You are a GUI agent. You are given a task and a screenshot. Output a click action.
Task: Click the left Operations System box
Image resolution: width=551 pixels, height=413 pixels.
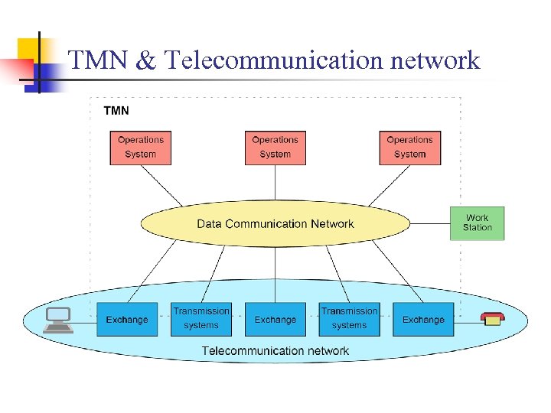(140, 148)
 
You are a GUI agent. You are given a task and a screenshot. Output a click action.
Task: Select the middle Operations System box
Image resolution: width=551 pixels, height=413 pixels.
(275, 148)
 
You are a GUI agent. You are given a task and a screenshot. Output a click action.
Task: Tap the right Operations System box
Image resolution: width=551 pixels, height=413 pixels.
(409, 148)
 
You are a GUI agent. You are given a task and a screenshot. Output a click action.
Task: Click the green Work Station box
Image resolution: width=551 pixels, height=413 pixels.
(477, 223)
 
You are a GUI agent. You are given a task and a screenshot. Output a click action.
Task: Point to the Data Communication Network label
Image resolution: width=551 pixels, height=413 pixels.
(275, 224)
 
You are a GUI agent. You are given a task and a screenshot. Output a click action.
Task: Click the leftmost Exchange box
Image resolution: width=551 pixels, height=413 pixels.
(127, 320)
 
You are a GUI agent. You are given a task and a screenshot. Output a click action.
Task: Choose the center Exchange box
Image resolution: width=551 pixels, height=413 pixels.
(275, 320)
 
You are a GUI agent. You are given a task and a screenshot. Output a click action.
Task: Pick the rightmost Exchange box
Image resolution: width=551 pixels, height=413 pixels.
(423, 320)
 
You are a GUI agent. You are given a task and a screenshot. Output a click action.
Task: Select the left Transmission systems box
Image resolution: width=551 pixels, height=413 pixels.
(201, 319)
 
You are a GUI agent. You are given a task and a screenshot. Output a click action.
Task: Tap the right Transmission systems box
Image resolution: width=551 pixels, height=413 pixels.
(349, 319)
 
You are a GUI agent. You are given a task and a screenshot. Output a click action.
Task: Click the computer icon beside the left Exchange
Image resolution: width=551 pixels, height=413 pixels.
(58, 320)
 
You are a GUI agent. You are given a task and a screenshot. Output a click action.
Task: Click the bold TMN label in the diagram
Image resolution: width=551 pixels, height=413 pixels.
(116, 111)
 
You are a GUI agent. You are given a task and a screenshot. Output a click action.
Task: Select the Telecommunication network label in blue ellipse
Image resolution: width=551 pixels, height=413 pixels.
(275, 351)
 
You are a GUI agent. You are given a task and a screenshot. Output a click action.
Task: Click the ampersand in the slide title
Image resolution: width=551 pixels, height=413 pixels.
(145, 60)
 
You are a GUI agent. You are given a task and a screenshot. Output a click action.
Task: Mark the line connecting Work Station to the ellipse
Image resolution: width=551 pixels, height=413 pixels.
(430, 223)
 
